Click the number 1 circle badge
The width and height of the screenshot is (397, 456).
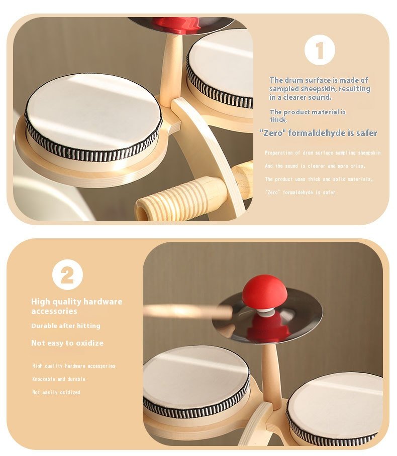[x=320, y=50]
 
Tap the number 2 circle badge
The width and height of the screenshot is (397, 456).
[x=67, y=274]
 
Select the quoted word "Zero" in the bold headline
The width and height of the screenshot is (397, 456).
[x=273, y=133]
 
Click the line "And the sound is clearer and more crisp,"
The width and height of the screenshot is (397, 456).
[x=315, y=166]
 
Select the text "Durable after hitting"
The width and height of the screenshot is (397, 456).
[x=66, y=326]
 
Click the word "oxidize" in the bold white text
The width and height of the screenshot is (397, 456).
[x=89, y=343]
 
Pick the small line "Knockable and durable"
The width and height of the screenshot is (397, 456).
[x=59, y=379]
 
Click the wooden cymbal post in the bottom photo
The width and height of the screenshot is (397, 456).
[x=271, y=375]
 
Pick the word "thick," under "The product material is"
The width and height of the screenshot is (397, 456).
[x=278, y=119]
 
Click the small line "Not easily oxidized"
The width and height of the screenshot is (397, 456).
[x=56, y=392]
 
